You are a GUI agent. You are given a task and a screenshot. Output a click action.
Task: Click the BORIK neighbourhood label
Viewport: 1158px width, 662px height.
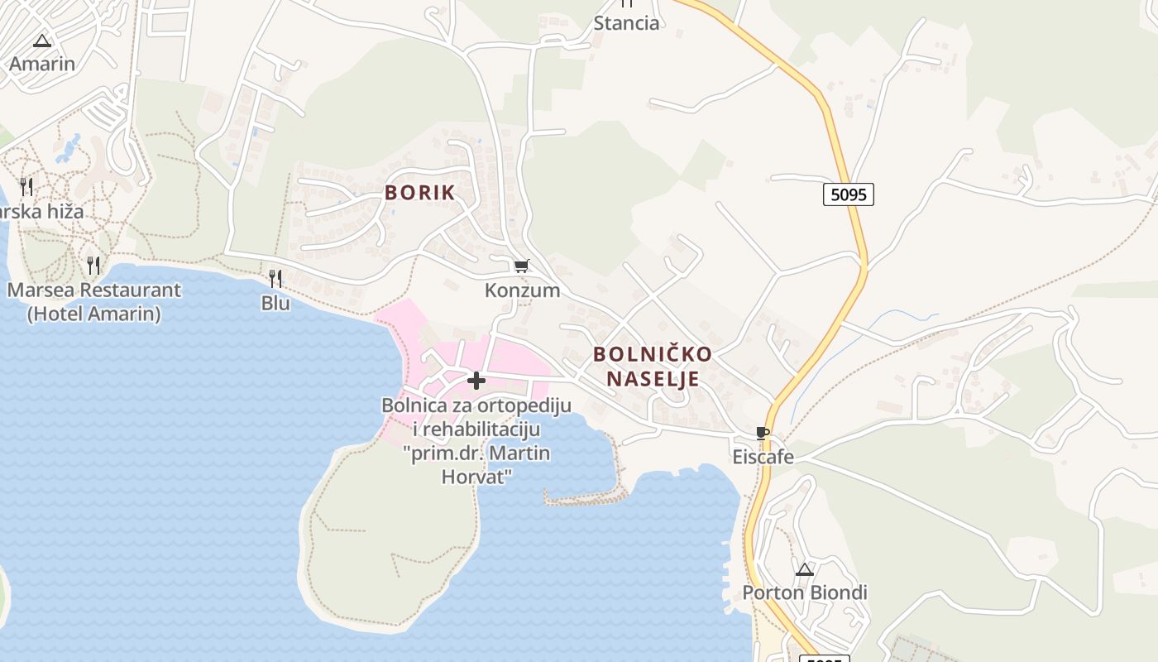[x=419, y=193]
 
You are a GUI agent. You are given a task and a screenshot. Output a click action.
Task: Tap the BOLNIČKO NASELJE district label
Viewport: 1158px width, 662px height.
[x=653, y=367]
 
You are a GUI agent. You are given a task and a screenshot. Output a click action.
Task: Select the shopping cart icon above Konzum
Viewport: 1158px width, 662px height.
[x=521, y=266]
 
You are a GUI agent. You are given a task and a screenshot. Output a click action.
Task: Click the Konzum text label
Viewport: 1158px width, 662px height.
[x=522, y=290]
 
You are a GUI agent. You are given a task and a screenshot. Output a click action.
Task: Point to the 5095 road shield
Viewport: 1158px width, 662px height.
[x=849, y=194]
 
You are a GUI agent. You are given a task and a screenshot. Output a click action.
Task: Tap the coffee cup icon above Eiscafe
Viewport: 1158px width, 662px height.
[x=763, y=433]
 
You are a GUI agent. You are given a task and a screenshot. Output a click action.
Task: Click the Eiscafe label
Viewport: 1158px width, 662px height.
[x=763, y=457]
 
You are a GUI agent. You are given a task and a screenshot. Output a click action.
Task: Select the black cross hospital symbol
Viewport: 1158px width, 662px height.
[x=476, y=381]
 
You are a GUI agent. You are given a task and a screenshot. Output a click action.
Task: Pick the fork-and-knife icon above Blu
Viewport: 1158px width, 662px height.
[x=275, y=278]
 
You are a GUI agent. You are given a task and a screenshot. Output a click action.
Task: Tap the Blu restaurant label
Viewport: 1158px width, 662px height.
[x=275, y=303]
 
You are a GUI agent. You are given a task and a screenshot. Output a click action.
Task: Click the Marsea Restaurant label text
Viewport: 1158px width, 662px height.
[x=93, y=290]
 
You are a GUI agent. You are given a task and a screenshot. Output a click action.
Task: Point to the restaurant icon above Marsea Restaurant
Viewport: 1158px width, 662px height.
[x=93, y=266]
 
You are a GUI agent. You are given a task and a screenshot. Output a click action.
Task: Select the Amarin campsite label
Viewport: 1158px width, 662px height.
[x=42, y=64]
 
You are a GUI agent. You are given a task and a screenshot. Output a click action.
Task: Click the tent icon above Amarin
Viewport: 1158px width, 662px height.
[x=42, y=41]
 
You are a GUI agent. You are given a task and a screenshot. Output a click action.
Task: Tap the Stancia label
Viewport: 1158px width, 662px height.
[x=626, y=23]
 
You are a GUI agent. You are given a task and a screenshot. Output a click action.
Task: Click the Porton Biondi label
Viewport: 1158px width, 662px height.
[x=804, y=592]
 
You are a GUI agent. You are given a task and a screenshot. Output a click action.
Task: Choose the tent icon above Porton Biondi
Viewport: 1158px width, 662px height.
[x=804, y=569]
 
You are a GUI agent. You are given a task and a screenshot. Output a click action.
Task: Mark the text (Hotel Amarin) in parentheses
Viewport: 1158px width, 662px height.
[x=93, y=314]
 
